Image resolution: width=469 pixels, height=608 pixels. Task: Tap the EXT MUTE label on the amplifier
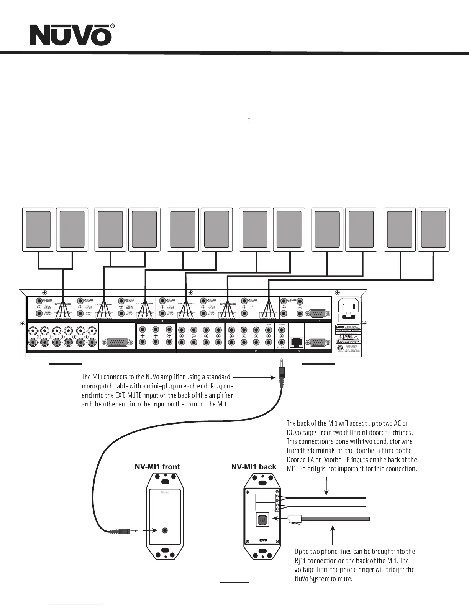[281, 347]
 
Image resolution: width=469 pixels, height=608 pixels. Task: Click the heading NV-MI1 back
[254, 467]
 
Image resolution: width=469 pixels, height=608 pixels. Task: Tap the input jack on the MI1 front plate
[165, 530]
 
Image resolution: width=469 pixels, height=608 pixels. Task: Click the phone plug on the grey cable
[294, 519]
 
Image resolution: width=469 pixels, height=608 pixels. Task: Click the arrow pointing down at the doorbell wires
[326, 486]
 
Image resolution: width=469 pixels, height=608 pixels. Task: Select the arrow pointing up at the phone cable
[333, 535]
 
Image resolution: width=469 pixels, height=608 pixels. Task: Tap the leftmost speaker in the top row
[38, 230]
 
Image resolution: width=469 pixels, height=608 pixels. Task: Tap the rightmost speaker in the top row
[433, 230]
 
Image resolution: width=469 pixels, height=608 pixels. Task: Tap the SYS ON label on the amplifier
[281, 324]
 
